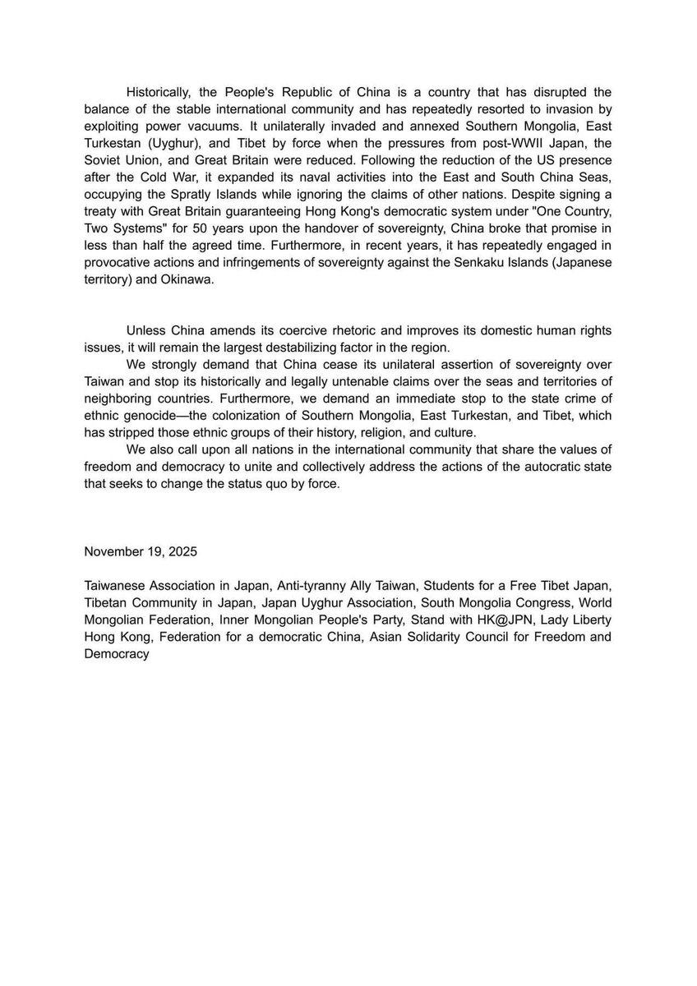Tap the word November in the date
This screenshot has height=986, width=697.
point(113,553)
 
